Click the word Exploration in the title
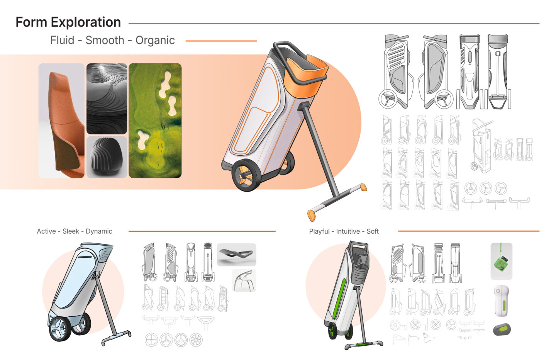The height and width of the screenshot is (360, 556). point(86,22)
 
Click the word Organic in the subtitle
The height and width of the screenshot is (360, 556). point(155,41)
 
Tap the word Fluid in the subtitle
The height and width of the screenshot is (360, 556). point(62,40)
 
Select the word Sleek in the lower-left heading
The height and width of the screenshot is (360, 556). point(71,231)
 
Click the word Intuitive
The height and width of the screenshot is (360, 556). point(348,231)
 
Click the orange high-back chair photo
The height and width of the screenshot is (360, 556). point(61,121)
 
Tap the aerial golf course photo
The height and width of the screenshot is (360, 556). point(155,121)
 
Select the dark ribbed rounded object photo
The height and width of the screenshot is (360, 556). point(107,157)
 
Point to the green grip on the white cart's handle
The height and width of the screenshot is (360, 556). point(364,344)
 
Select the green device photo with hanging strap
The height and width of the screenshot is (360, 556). point(502,261)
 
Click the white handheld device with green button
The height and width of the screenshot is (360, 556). point(502,301)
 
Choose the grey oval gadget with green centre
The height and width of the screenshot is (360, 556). point(502,329)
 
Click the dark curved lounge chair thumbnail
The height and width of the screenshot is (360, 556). point(237,255)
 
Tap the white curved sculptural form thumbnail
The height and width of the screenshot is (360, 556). point(244,280)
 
